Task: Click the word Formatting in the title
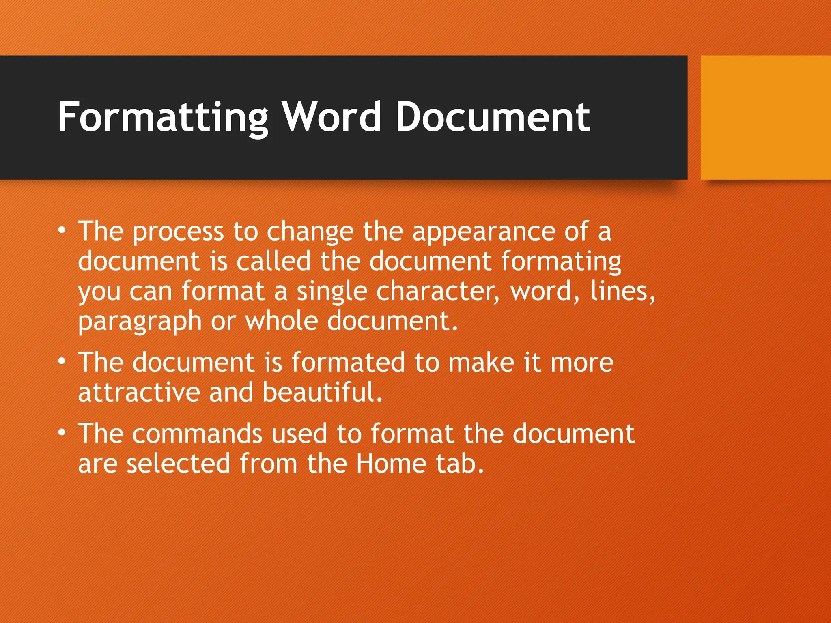pos(162,118)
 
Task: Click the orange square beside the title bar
pos(765,117)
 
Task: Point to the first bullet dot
pos(61,230)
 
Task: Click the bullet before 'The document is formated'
pos(61,361)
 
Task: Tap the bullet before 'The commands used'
pos(61,432)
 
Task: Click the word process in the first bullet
pos(178,232)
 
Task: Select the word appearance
pos(483,232)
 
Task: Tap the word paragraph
pos(140,322)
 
